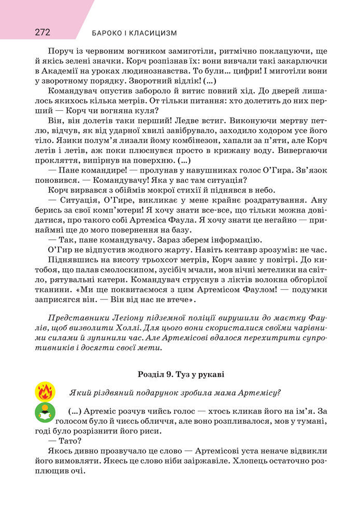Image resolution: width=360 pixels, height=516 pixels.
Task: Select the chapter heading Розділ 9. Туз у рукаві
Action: click(x=181, y=374)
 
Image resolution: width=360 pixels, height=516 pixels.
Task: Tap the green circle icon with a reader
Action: click(x=45, y=412)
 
